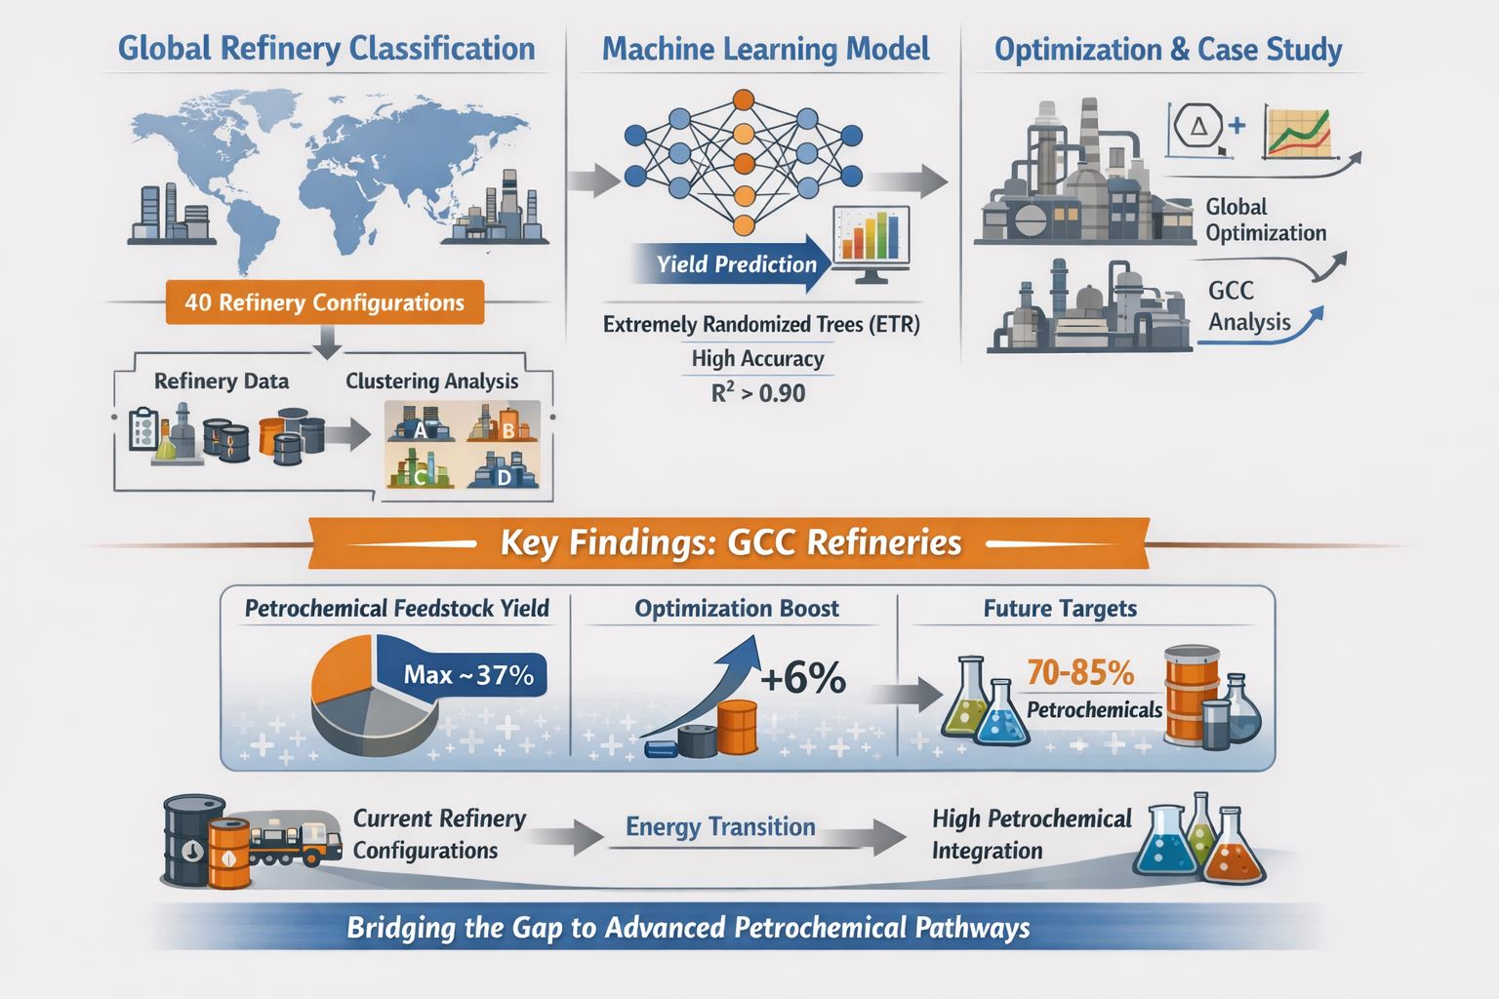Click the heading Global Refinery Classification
[x=327, y=49]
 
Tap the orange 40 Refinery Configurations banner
[x=325, y=302]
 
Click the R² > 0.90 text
[x=758, y=393]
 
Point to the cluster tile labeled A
[x=420, y=421]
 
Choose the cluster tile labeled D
[x=504, y=469]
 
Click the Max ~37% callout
[x=468, y=674]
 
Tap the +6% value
[x=803, y=678]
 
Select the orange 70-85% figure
[x=1080, y=672]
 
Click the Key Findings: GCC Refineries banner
[x=729, y=542]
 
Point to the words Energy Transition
[x=721, y=827]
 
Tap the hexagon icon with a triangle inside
[x=1197, y=126]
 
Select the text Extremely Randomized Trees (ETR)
[x=761, y=325]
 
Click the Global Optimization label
[x=1266, y=220]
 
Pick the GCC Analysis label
[x=1249, y=306]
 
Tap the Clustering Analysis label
[x=431, y=381]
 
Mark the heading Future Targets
[x=1060, y=608]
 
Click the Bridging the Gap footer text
[x=688, y=928]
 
